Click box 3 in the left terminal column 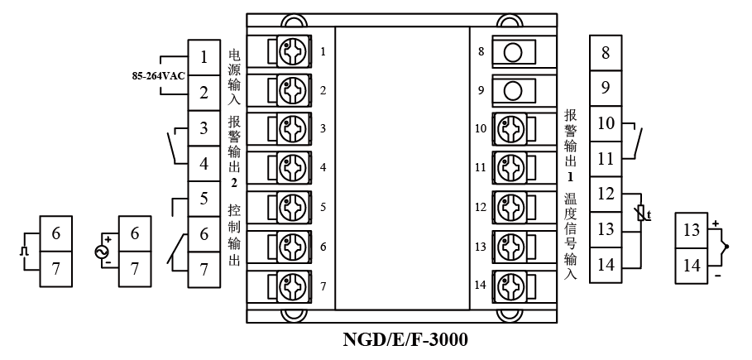[x=204, y=128]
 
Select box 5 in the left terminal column [x=204, y=199]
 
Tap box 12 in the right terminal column [x=606, y=194]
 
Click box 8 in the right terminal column [x=606, y=53]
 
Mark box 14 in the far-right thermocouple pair [x=691, y=266]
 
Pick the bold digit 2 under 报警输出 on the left [x=234, y=182]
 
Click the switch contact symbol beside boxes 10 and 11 [x=635, y=141]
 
